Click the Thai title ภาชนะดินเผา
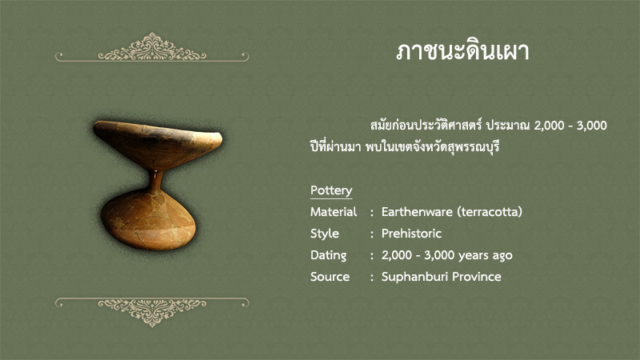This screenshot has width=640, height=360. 462,52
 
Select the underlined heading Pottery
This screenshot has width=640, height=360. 331,190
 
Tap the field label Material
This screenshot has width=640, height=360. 334,212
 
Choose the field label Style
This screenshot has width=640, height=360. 325,234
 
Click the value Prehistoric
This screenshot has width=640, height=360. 411,234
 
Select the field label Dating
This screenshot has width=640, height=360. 328,255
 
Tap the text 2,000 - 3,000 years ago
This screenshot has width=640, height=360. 447,255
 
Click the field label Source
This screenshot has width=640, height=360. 330,277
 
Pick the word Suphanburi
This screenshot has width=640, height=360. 414,277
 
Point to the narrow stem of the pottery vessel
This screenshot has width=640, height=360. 155,182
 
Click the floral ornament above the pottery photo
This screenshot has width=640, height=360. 152,48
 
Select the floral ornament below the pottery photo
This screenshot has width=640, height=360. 152,312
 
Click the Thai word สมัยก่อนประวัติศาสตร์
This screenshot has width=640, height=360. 426,126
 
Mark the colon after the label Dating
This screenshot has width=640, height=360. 372,256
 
